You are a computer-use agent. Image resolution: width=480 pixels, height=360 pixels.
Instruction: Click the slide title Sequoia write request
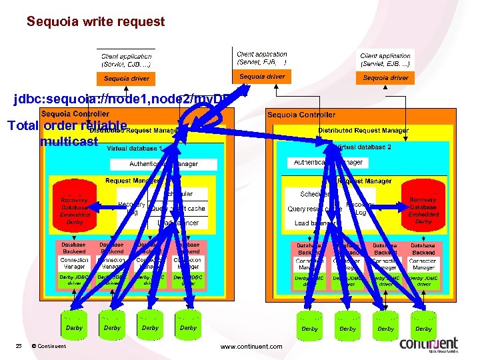tap(95, 21)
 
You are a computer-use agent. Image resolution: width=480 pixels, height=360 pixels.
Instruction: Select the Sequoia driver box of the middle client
tap(262, 77)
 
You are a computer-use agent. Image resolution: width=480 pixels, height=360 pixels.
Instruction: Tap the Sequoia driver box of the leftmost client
tap(127, 79)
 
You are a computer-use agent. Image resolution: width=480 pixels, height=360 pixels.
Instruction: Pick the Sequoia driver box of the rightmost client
tap(385, 78)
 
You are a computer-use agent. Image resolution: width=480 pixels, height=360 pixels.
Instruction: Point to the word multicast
tap(69, 141)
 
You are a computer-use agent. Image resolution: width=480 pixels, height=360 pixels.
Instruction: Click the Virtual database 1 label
tap(134, 148)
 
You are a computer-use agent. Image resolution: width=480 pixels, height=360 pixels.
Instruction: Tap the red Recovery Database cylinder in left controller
tap(75, 203)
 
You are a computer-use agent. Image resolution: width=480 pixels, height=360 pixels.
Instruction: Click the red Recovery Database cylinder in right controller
tap(423, 203)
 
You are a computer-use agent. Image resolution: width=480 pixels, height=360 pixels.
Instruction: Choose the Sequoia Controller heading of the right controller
tap(301, 115)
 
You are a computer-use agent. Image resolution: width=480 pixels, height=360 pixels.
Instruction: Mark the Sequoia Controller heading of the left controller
tap(75, 114)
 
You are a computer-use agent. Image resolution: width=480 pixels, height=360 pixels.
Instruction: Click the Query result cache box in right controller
tap(314, 209)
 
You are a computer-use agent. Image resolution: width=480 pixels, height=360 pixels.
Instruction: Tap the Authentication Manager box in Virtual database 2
tap(328, 162)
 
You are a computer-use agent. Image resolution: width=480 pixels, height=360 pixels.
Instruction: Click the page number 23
tap(19, 346)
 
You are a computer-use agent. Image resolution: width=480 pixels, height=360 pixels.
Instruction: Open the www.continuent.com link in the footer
tap(251, 347)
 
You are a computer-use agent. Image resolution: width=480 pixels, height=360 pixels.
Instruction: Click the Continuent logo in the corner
tap(429, 345)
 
